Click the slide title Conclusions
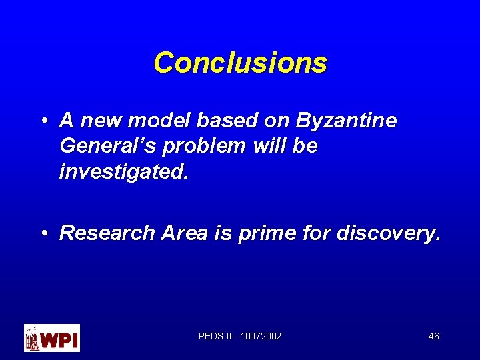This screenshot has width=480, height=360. tap(240, 63)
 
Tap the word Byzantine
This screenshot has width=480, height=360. tap(347, 121)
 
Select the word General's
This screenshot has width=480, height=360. tap(100, 146)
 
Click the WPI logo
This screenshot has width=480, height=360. tap(52, 338)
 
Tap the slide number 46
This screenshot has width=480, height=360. tap(433, 336)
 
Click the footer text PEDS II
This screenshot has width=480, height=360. tap(215, 336)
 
